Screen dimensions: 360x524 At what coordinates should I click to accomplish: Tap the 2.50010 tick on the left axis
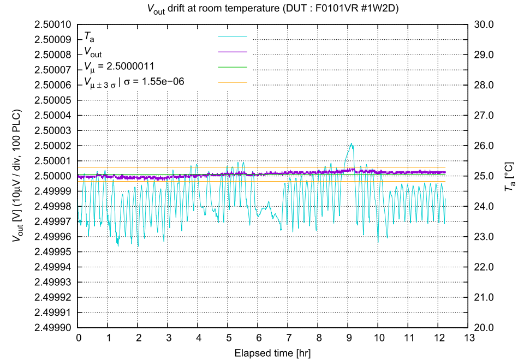pyautogui.click(x=53, y=25)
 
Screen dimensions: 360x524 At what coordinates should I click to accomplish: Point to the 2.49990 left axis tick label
pyautogui.click(x=53, y=327)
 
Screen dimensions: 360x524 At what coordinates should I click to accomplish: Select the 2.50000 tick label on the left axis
pyautogui.click(x=53, y=176)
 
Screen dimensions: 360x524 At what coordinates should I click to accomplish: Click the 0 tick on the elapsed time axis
pyautogui.click(x=79, y=338)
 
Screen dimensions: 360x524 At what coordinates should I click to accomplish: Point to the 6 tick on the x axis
pyautogui.click(x=258, y=338)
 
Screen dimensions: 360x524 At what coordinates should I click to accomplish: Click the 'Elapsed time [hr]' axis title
pyautogui.click(x=273, y=352)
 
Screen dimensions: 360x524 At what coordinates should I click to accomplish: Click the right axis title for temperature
pyautogui.click(x=509, y=176)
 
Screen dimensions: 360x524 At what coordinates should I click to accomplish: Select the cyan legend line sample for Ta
pyautogui.click(x=233, y=37)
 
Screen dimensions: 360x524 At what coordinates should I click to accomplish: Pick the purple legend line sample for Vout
pyautogui.click(x=233, y=51)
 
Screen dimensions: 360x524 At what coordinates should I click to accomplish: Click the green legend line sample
pyautogui.click(x=233, y=67)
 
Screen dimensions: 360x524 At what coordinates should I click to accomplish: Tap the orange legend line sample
pyautogui.click(x=233, y=82)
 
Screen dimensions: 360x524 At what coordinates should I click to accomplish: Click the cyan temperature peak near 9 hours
pyautogui.click(x=352, y=143)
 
